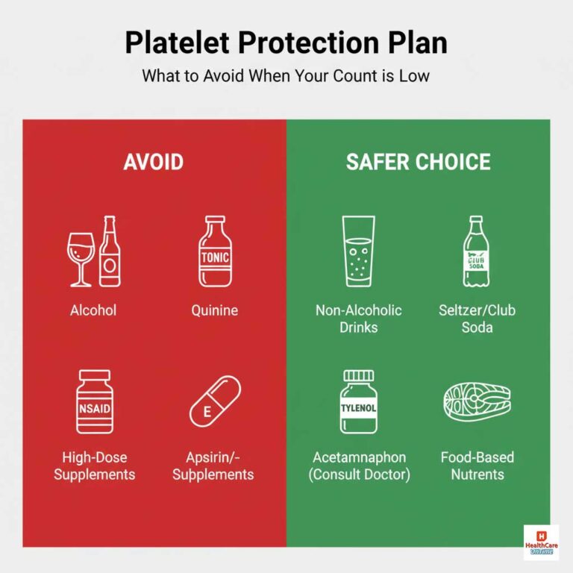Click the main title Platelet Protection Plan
286,43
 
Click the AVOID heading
153,162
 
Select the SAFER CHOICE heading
418,162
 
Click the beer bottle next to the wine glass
110,251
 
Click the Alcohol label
93,310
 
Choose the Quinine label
214,310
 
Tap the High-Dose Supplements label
94,466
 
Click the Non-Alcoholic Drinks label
358,318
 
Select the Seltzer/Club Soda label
477,318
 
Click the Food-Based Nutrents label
477,466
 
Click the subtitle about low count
286,76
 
